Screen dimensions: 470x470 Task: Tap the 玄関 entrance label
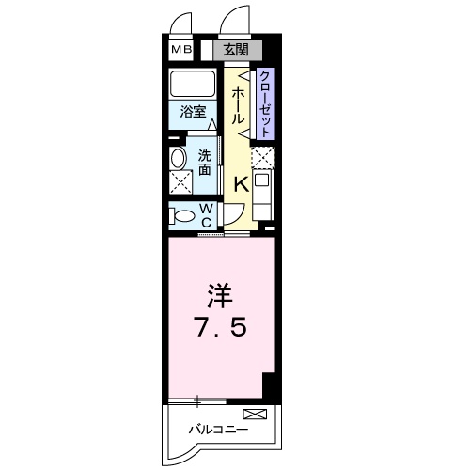click(x=237, y=50)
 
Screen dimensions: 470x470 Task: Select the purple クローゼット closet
click(x=265, y=103)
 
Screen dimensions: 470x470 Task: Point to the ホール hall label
click(x=239, y=104)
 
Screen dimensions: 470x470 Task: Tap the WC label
click(x=205, y=214)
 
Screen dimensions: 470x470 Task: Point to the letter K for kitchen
click(x=241, y=184)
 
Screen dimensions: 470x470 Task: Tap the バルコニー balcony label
click(x=217, y=430)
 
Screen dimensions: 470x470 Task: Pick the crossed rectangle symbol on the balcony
click(x=254, y=414)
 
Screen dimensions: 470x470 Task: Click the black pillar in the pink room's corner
click(x=271, y=384)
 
